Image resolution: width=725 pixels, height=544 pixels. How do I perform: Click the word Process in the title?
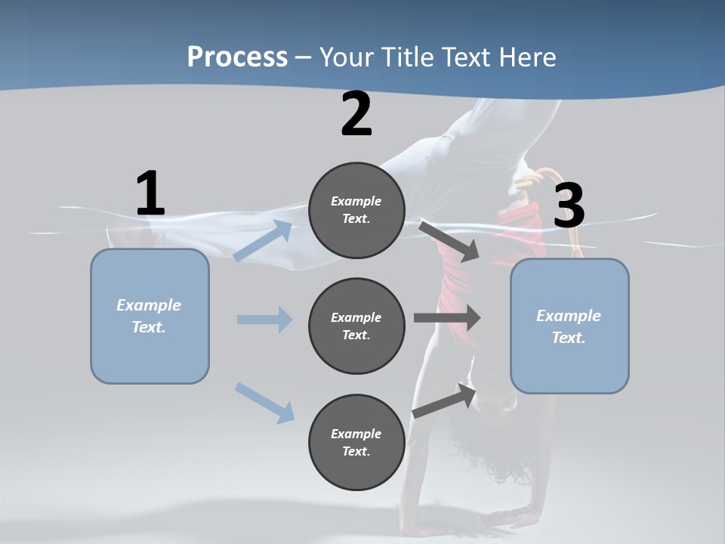tap(237, 57)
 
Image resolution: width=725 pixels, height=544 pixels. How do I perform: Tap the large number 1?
tap(150, 194)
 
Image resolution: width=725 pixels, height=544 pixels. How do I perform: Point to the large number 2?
tap(356, 114)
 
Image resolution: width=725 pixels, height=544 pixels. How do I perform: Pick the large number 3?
tap(569, 206)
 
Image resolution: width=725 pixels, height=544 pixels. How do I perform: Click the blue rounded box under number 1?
tap(150, 316)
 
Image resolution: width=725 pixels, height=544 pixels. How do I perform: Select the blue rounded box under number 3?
tap(569, 326)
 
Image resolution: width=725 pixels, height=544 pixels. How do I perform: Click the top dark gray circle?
tap(356, 210)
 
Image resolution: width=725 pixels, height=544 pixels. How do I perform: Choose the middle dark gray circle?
tap(356, 326)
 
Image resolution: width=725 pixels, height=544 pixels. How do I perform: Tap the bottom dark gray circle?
tap(356, 442)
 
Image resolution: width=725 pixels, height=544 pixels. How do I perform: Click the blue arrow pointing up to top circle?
tap(263, 241)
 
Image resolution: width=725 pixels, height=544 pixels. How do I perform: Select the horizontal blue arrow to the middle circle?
tap(264, 320)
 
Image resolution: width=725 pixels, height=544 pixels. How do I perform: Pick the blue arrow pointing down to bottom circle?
tap(264, 402)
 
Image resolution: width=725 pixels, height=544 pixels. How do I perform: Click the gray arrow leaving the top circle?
tap(450, 241)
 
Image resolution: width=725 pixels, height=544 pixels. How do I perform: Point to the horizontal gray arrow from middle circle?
tap(447, 318)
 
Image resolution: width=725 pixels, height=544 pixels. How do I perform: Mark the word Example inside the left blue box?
tap(149, 305)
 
